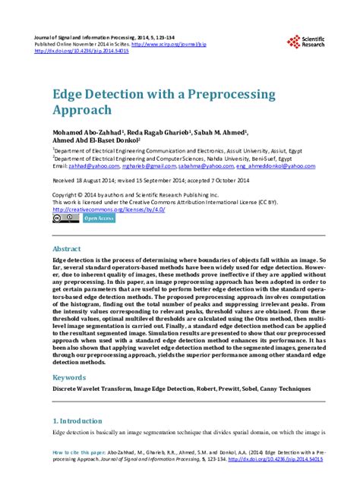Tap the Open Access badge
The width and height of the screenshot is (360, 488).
tap(99, 197)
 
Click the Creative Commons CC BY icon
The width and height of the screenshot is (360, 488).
tap(65, 197)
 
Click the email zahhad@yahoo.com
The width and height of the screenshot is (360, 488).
tap(90, 165)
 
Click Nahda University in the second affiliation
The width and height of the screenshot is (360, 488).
tap(224, 158)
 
